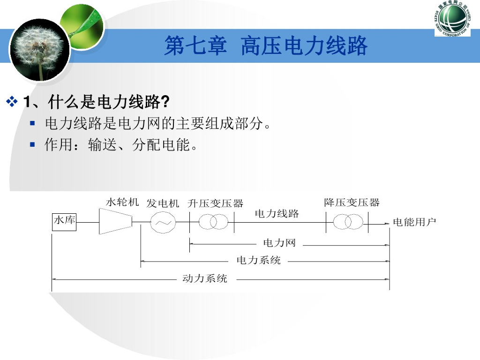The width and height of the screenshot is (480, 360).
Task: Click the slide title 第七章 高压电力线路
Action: pyautogui.click(x=266, y=46)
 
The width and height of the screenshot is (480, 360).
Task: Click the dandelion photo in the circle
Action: pyautogui.click(x=39, y=50)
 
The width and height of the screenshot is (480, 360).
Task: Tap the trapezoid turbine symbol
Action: pyautogui.click(x=115, y=221)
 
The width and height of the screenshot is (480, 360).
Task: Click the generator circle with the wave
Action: pyautogui.click(x=162, y=222)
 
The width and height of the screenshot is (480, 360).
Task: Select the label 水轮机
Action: pyautogui.click(x=122, y=202)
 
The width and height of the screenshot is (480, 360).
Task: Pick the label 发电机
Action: pyautogui.click(x=163, y=203)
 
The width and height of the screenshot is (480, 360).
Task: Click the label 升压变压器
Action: pyautogui.click(x=216, y=203)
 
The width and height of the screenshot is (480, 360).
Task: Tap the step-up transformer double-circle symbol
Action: pyautogui.click(x=213, y=222)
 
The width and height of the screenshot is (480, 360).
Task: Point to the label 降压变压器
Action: pyautogui.click(x=352, y=203)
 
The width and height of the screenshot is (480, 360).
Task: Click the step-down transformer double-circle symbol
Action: pyautogui.click(x=348, y=222)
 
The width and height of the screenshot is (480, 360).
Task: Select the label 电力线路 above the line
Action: pyautogui.click(x=277, y=214)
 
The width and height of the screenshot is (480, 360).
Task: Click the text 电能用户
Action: pyautogui.click(x=414, y=222)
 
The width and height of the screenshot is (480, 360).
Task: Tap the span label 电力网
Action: pyautogui.click(x=279, y=243)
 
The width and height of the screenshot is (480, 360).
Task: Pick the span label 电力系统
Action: pyautogui.click(x=258, y=260)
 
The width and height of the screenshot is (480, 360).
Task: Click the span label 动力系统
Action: pyautogui.click(x=205, y=278)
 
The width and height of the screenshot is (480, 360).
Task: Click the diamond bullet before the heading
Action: pyautogui.click(x=12, y=101)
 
